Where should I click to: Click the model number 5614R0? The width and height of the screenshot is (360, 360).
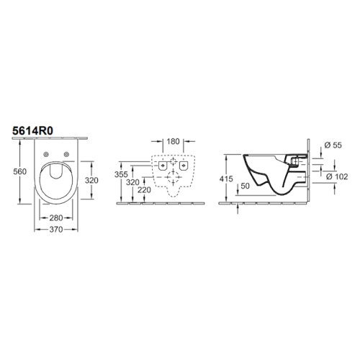(33, 131)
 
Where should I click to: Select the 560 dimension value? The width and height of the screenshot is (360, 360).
(20, 171)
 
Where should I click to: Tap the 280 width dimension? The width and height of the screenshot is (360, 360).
(56, 218)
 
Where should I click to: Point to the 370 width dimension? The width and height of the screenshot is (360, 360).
(56, 230)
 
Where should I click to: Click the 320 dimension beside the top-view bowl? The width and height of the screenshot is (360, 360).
(91, 180)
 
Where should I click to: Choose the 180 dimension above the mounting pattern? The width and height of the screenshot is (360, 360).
(173, 142)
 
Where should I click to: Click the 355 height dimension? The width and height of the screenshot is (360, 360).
(121, 174)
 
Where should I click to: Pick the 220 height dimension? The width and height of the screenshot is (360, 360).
(144, 190)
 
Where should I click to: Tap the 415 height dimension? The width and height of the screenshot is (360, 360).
(226, 179)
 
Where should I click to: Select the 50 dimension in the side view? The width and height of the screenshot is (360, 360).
(245, 186)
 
